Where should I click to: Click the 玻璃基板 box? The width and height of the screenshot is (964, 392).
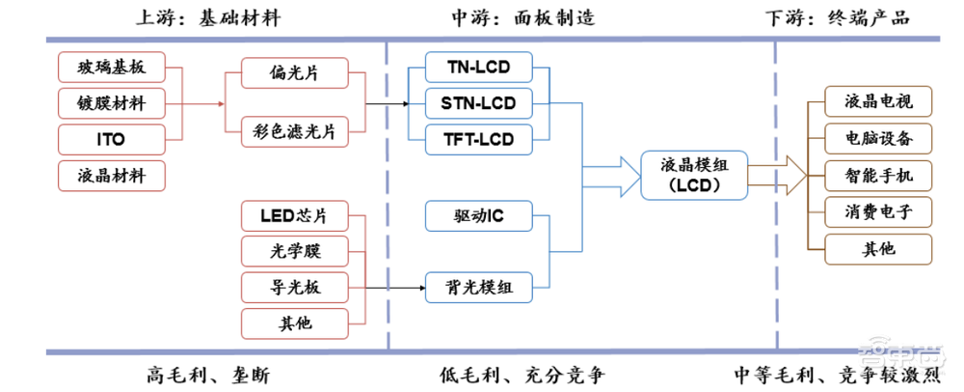point(111,67)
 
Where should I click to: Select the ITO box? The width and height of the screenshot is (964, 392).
point(111,139)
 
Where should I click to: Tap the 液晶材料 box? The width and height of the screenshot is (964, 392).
point(111,175)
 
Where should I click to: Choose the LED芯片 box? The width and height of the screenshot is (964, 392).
point(296,215)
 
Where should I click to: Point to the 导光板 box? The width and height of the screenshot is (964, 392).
point(296,286)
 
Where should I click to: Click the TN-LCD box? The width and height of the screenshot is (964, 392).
point(479,67)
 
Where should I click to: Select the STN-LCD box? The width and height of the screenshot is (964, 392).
point(479,102)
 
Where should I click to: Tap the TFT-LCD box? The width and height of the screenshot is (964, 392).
point(479,139)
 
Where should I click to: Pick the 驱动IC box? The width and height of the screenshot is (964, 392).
point(479,216)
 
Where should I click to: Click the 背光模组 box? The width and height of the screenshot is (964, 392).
point(479,286)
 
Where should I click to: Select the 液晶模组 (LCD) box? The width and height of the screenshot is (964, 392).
point(693,174)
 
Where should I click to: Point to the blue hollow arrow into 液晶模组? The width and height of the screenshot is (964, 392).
point(622,175)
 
